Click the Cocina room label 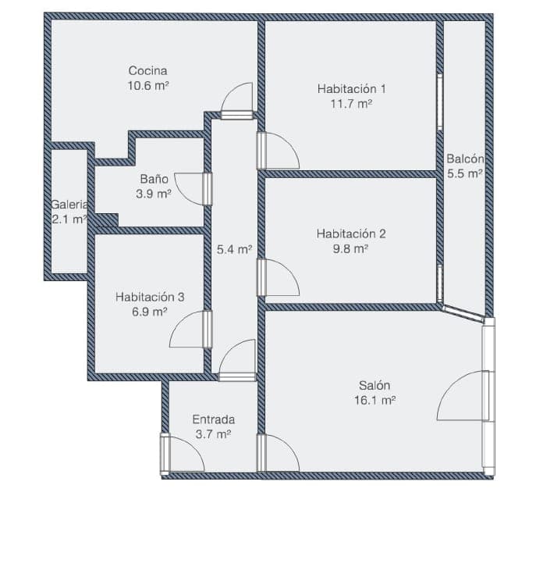click(x=147, y=70)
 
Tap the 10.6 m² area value click(x=148, y=86)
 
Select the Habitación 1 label click(x=352, y=88)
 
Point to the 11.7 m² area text click(x=352, y=104)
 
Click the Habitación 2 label click(x=351, y=234)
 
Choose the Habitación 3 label click(x=150, y=297)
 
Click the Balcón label click(x=465, y=159)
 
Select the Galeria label click(x=69, y=205)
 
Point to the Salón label click(x=375, y=385)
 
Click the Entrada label click(x=214, y=419)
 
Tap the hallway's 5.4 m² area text click(x=234, y=249)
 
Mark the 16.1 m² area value click(x=375, y=401)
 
